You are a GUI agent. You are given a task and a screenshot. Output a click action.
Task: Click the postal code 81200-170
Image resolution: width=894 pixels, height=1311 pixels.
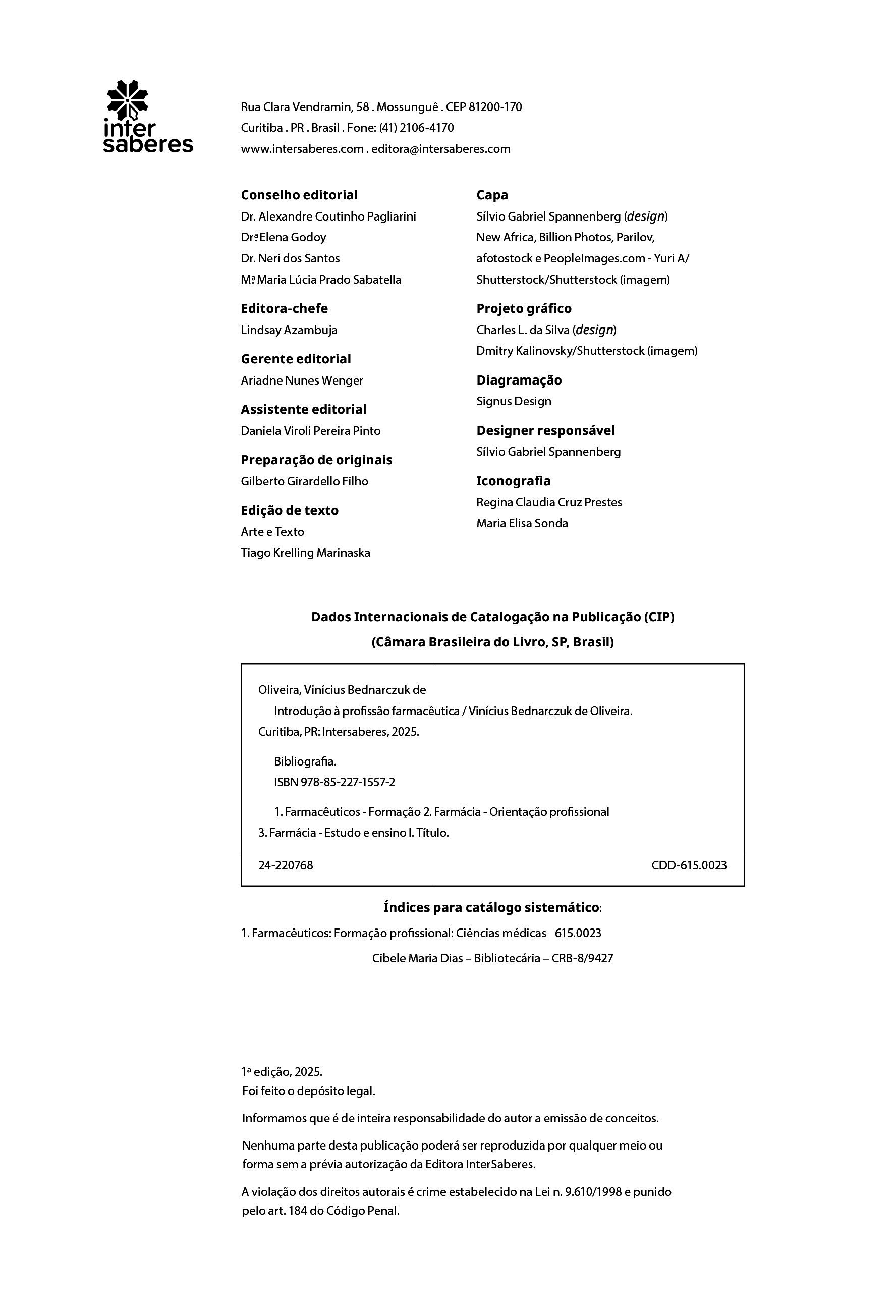(495, 107)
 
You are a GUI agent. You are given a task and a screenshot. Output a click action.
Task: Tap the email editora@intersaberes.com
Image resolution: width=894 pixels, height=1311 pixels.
(440, 149)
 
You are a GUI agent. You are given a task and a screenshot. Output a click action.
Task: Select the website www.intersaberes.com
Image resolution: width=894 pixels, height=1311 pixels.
(302, 149)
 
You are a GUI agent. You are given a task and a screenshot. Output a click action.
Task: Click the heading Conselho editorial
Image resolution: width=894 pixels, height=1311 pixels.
(299, 195)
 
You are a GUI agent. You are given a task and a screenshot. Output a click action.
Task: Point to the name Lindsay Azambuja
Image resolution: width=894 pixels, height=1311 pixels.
(289, 330)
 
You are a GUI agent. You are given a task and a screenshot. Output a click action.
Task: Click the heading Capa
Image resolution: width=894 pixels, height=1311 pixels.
(492, 195)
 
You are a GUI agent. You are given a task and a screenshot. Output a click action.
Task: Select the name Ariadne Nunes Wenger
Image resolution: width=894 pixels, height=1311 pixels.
(302, 381)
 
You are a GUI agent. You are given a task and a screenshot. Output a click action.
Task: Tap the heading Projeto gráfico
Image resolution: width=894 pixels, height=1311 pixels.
(523, 308)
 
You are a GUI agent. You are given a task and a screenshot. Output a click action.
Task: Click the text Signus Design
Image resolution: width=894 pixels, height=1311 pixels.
(513, 401)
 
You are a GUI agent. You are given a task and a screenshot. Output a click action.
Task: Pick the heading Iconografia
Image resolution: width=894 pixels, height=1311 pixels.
(513, 481)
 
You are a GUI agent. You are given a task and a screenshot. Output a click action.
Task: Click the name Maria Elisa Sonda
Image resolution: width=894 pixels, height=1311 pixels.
(522, 523)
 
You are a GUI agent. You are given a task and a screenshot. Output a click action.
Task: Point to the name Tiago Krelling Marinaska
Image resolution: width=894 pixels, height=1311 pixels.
(305, 553)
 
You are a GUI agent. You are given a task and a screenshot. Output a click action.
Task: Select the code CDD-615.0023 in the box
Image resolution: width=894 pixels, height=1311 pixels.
(689, 865)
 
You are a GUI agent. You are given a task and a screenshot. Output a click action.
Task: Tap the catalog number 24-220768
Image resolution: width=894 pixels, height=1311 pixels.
(286, 865)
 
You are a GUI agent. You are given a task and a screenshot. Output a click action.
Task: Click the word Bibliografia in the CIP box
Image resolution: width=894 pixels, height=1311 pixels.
(305, 761)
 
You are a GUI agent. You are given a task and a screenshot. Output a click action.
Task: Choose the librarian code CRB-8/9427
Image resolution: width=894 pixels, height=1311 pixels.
(582, 958)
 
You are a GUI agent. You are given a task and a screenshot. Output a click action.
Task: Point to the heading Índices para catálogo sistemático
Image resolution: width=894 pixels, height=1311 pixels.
(492, 908)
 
